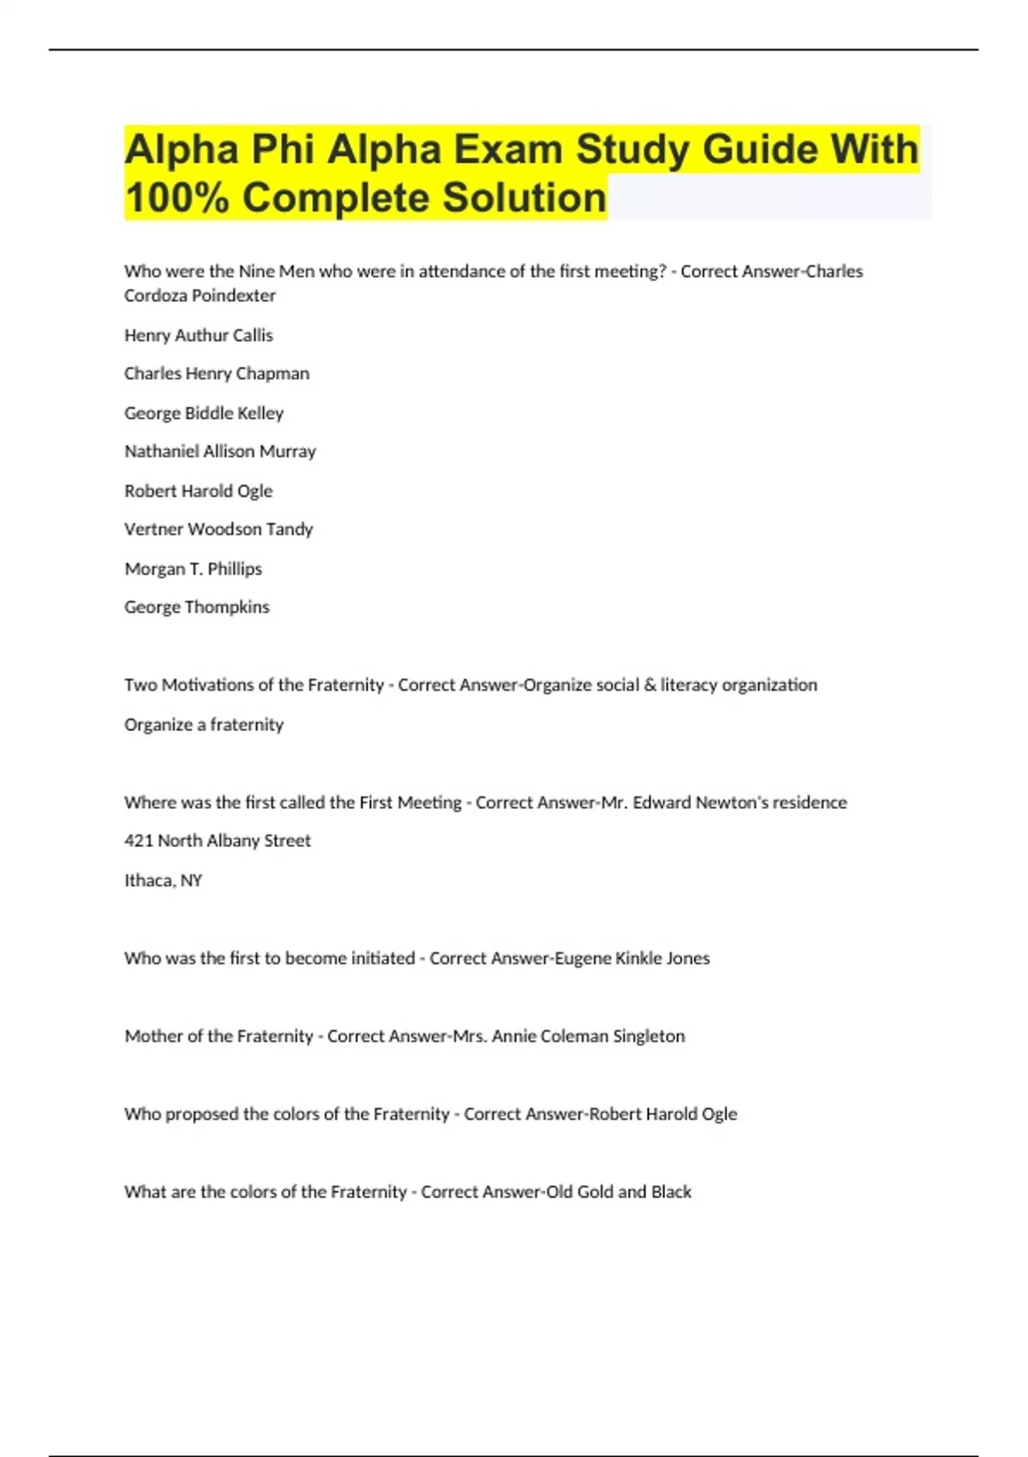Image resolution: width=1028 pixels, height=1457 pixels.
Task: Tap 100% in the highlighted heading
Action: point(176,198)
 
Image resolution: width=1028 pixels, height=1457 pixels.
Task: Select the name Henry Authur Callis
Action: point(199,335)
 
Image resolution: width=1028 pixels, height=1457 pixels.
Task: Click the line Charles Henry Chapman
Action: point(217,374)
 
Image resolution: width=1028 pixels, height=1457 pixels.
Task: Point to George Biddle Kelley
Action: point(204,413)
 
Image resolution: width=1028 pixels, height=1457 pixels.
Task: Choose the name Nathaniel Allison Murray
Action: point(220,452)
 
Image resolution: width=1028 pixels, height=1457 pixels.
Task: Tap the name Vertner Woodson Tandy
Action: point(218,530)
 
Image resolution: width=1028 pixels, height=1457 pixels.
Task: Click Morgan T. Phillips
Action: point(194,569)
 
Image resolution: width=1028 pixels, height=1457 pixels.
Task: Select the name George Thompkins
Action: point(197,608)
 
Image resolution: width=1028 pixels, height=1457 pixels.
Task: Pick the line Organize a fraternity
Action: point(204,724)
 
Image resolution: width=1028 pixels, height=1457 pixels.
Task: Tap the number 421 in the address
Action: point(139,841)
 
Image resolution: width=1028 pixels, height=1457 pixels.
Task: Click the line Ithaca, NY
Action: point(164,880)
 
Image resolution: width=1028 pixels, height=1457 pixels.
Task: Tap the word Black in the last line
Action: point(671,1192)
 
